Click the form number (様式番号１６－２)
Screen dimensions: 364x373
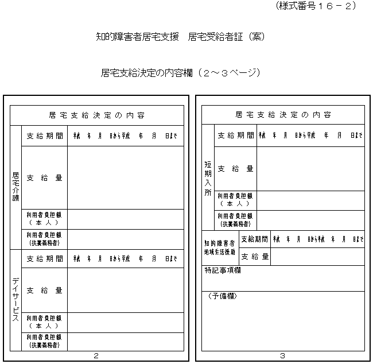point(316,6)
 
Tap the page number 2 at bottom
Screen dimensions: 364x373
point(96,356)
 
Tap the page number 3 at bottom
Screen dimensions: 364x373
point(282,356)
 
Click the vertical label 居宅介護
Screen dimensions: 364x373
point(15,187)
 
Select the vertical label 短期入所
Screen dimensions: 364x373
point(208,179)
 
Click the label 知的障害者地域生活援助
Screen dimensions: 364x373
point(220,247)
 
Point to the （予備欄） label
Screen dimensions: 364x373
point(222,296)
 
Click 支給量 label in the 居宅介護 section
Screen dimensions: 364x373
point(44,178)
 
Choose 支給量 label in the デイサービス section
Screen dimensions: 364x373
point(44,290)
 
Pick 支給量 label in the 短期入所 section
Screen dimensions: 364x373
point(235,169)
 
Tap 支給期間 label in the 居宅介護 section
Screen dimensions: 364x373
point(44,136)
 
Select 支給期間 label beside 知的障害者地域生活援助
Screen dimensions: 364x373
point(254,239)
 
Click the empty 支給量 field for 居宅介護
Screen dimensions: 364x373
point(126,178)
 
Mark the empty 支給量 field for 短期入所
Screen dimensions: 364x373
point(310,169)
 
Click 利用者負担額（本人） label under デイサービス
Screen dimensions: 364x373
point(44,322)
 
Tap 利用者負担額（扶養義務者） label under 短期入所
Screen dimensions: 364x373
point(235,220)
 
